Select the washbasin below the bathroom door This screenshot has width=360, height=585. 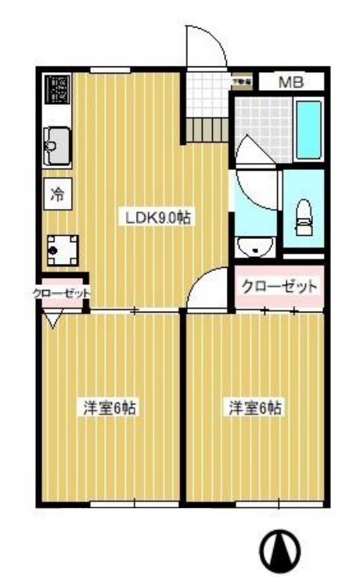[254, 248]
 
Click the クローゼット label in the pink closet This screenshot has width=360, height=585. [280, 287]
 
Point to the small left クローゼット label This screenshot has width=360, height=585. [61, 294]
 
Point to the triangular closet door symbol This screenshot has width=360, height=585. [53, 319]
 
